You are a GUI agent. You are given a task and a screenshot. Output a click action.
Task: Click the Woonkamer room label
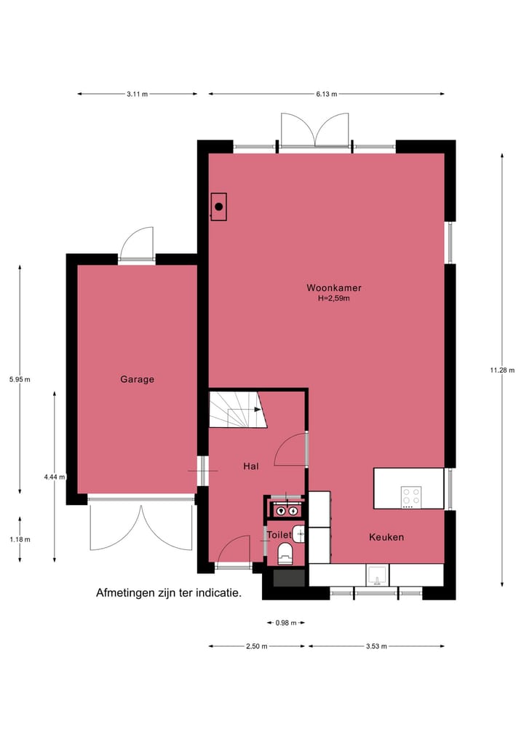click(333, 288)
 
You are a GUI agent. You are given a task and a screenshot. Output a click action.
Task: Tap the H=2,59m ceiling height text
click(333, 298)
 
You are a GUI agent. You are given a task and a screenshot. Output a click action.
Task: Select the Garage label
click(137, 379)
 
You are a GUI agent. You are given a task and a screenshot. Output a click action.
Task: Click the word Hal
click(251, 466)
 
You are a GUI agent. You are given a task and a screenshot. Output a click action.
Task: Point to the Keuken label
click(386, 538)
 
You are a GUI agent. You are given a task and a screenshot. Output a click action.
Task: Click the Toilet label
click(279, 535)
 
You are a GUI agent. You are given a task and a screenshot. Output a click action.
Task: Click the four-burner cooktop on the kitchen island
click(411, 496)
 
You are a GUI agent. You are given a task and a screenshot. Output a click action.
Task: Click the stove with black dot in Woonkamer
click(218, 207)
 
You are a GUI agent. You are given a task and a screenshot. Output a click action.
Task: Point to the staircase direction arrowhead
click(258, 410)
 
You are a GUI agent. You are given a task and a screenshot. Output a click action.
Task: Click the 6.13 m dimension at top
click(326, 94)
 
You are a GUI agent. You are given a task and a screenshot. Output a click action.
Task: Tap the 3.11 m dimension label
click(137, 94)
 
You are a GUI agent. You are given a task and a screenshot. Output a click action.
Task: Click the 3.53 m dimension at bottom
click(376, 646)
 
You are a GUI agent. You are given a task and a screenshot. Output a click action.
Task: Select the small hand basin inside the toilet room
click(298, 533)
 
